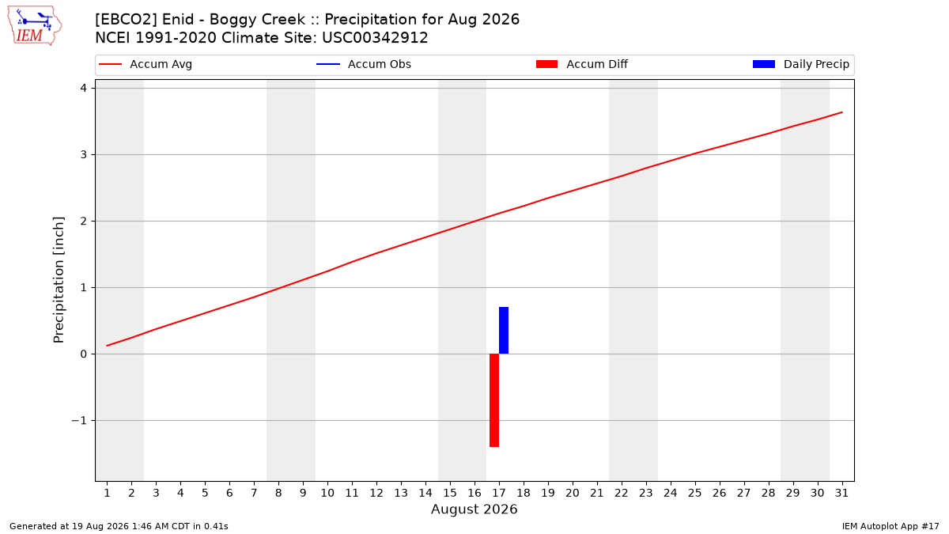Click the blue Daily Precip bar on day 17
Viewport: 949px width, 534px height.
click(504, 330)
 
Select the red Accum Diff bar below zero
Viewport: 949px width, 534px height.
click(494, 400)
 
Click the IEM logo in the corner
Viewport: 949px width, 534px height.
click(35, 26)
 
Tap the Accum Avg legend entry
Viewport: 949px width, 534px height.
click(146, 64)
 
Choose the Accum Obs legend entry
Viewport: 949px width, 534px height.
click(364, 64)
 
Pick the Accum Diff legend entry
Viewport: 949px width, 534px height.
click(582, 64)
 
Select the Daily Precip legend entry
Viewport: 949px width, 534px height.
click(800, 64)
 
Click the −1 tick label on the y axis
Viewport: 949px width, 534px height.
click(79, 420)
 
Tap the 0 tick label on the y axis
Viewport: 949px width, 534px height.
click(84, 354)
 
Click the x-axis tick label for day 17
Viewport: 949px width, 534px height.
click(499, 493)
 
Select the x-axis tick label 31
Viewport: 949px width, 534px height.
click(841, 493)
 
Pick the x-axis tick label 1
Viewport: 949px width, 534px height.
click(108, 493)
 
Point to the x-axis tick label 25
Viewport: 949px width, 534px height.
click(695, 493)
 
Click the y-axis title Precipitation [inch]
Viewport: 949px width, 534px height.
click(59, 280)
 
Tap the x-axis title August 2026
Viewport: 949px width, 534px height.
click(474, 509)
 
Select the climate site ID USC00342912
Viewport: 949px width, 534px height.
click(375, 38)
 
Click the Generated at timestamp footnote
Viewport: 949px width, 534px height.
click(119, 526)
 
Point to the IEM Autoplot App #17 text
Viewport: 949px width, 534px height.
click(890, 526)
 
